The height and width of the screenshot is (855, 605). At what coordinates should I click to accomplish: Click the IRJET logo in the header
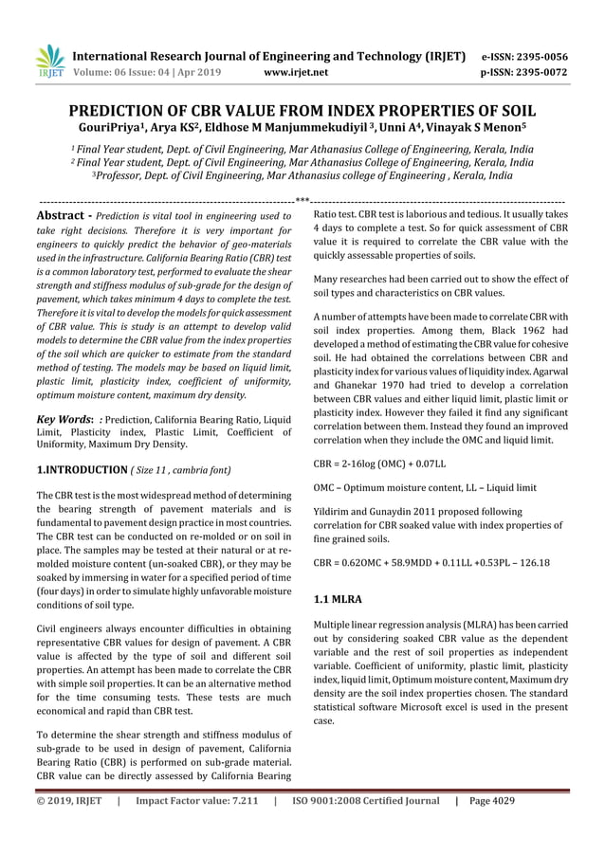coord(48,60)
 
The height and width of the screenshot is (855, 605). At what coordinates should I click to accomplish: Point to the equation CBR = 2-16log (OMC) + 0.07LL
coord(379,464)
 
